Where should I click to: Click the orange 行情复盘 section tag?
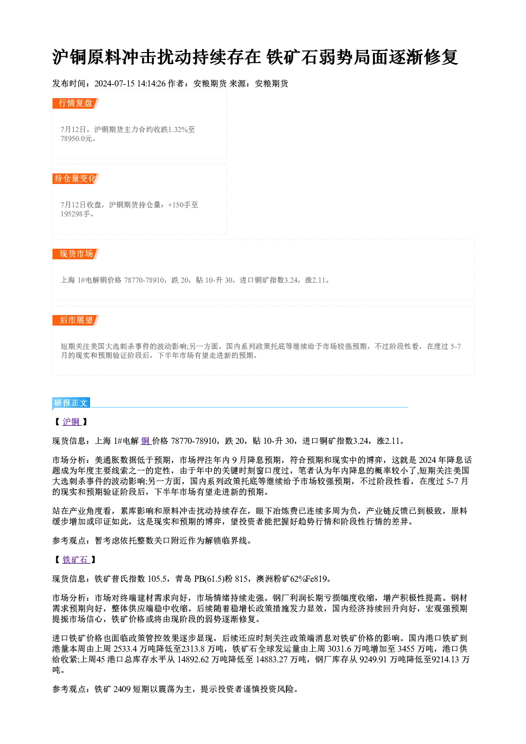click(76, 103)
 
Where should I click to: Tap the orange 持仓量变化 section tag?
click(76, 179)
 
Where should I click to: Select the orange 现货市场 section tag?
click(76, 254)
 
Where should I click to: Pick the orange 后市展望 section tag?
click(76, 320)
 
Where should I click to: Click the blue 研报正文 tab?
click(71, 403)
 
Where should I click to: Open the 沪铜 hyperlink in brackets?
click(72, 422)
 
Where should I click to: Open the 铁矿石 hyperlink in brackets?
click(76, 559)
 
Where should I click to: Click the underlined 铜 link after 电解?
click(146, 441)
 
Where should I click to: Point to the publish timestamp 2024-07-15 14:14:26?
click(130, 84)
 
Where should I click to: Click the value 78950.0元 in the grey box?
click(76, 139)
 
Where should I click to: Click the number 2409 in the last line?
click(122, 689)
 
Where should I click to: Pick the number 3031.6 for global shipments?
click(340, 649)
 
